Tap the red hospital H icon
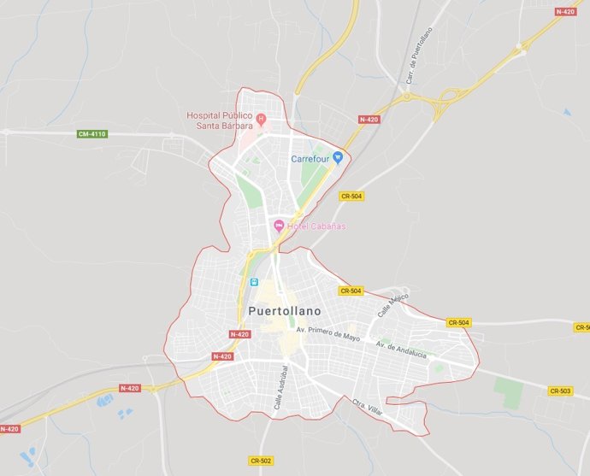(262, 118)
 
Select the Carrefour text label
(310, 159)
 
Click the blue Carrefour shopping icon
(338, 157)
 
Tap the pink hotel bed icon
(278, 226)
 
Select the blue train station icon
(253, 283)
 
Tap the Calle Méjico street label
(393, 304)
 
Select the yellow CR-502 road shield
(261, 461)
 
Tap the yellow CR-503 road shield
(560, 391)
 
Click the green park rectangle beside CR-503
(508, 393)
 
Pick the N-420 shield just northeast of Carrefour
(369, 120)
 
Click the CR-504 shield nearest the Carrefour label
(351, 196)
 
